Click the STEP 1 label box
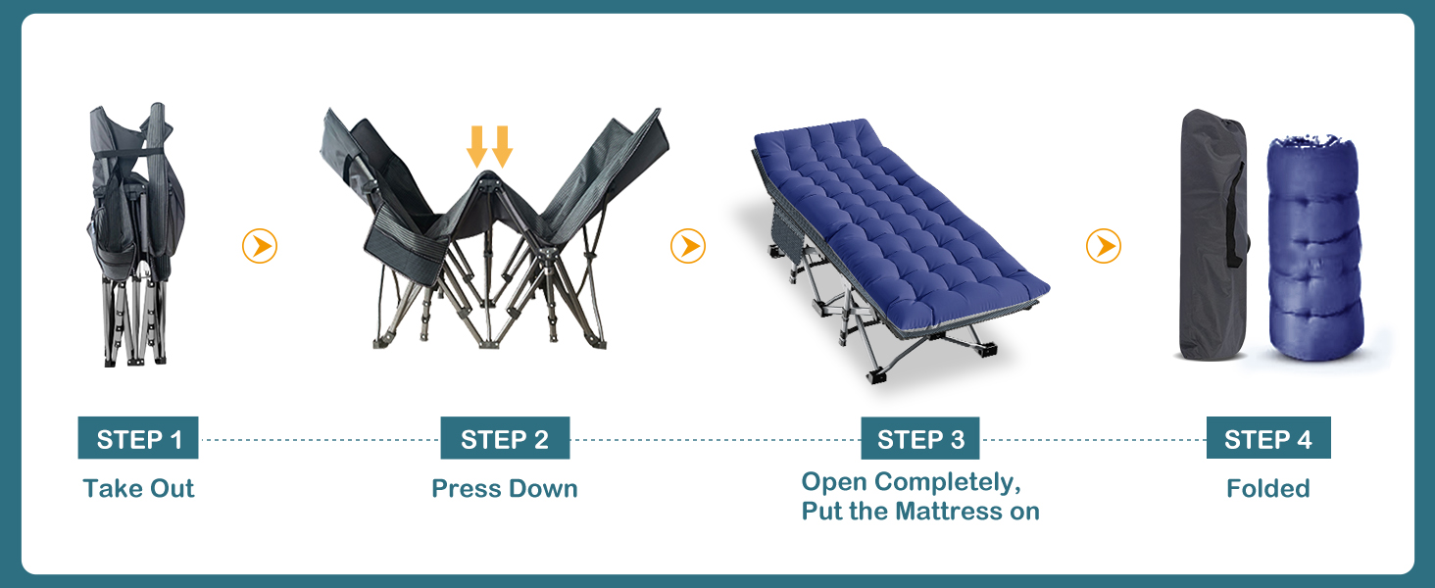[138, 437]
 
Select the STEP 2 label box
[505, 437]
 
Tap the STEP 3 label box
[920, 438]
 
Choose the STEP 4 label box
[1268, 437]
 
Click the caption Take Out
[138, 488]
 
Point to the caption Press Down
[505, 488]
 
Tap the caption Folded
[1268, 488]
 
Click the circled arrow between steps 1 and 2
[260, 246]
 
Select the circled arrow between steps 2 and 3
[688, 246]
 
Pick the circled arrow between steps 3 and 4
[1104, 246]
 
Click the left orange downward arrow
[476, 147]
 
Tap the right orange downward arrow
[502, 147]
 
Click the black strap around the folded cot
[129, 154]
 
